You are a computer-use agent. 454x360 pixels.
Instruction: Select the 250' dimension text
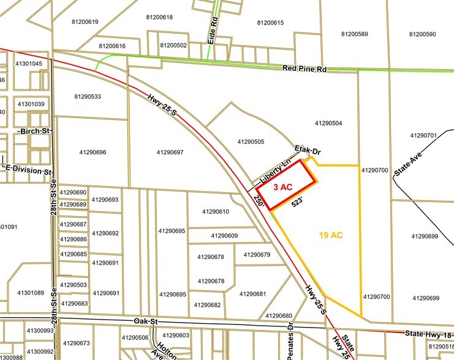pos(260,202)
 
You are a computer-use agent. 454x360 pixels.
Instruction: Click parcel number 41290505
pos(251,142)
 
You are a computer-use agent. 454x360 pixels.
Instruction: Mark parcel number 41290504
pos(328,124)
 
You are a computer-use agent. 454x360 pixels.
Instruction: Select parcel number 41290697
pos(170,152)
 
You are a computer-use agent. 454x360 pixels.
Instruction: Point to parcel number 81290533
pos(88,97)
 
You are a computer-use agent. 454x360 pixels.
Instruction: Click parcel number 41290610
pos(215,212)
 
